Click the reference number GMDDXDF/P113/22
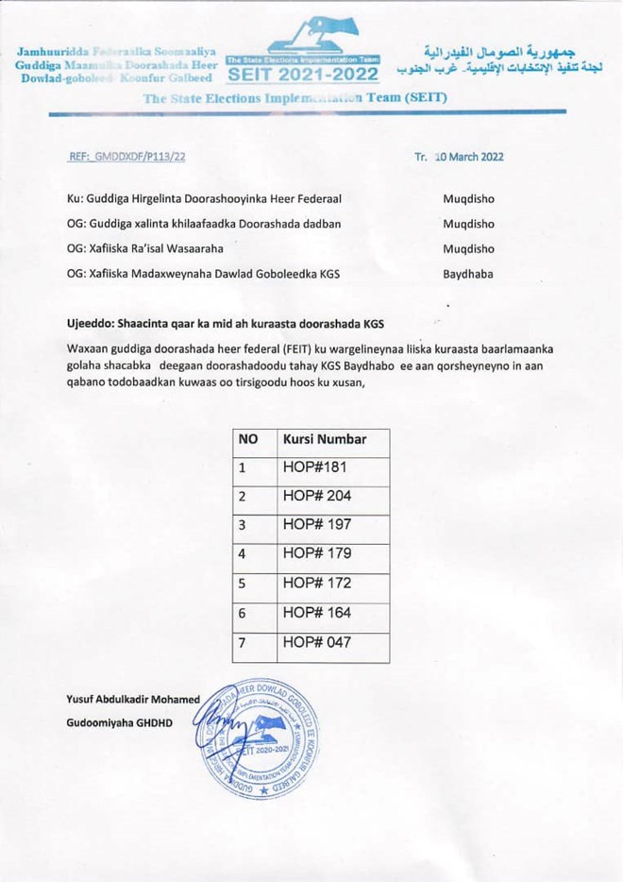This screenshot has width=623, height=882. click(x=126, y=157)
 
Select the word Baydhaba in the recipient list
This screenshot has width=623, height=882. click(x=468, y=274)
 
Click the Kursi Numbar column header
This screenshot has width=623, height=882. click(x=325, y=439)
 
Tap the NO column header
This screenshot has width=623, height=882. click(x=248, y=439)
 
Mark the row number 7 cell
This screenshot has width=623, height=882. click(x=243, y=643)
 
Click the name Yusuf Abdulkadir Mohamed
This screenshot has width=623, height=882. click(x=133, y=700)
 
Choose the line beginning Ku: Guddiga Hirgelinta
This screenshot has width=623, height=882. click(x=203, y=199)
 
